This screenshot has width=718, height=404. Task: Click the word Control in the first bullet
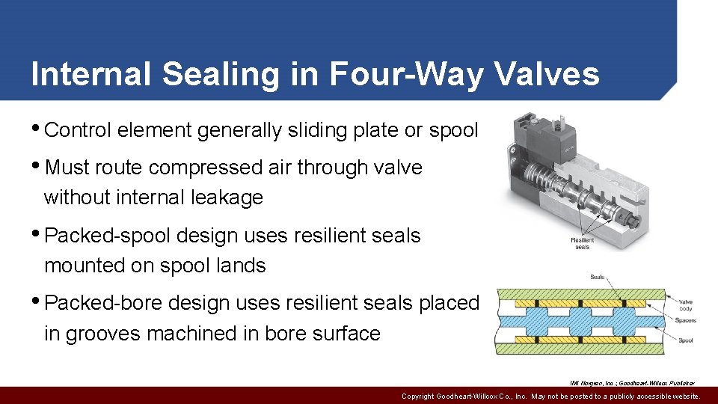pos(78,130)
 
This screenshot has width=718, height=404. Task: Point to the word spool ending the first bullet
pos(453,130)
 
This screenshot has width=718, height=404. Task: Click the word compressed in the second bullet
pos(197,168)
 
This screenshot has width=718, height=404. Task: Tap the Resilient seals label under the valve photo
pos(582,243)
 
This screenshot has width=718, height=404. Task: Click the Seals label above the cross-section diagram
pos(598,277)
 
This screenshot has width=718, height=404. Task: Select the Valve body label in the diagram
pos(685,305)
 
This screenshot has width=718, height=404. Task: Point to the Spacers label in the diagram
pos(684,321)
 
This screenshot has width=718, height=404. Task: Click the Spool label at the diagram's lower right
pos(684,340)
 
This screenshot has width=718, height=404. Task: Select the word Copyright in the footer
pos(423,397)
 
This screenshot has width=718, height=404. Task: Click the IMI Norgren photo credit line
pos(632,383)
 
